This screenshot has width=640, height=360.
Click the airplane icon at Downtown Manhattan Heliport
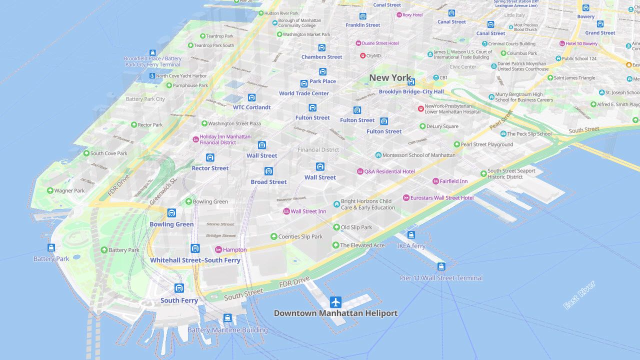click(335, 302)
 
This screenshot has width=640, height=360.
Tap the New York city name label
click(390, 77)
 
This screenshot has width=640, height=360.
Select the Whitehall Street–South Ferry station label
click(195, 260)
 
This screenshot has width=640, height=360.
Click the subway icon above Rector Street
click(210, 157)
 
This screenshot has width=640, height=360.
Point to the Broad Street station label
click(268, 182)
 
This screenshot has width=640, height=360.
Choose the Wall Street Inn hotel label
click(308, 211)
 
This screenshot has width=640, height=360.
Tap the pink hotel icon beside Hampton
click(218, 249)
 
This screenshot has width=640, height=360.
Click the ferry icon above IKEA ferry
click(411, 235)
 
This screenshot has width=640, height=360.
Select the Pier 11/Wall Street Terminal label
click(441, 278)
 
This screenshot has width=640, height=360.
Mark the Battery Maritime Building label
click(227, 330)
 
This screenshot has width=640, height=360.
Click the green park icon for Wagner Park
click(50, 190)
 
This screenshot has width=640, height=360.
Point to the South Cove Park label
click(108, 153)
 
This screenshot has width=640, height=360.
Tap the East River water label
click(579, 295)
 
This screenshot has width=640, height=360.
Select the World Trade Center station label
click(304, 93)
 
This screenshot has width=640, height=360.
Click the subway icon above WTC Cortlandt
click(251, 97)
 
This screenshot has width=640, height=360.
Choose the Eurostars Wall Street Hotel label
click(441, 198)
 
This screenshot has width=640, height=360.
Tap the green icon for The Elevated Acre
click(336, 245)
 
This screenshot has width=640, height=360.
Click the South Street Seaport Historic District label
click(511, 174)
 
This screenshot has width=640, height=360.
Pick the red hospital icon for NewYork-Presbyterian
click(421, 108)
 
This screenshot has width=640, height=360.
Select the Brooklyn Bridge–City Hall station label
click(411, 91)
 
